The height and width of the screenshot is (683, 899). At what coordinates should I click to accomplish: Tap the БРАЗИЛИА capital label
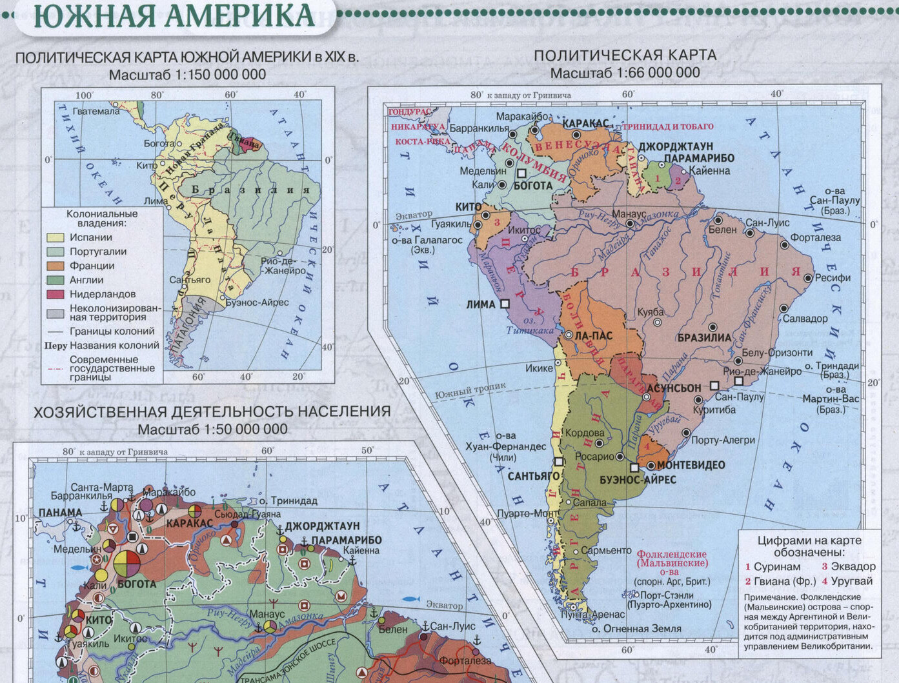click(x=704, y=337)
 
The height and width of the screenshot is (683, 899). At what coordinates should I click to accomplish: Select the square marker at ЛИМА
click(x=505, y=303)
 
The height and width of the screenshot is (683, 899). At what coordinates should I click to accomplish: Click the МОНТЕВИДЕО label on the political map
click(x=691, y=465)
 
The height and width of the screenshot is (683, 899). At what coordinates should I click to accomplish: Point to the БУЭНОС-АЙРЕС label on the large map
click(x=638, y=480)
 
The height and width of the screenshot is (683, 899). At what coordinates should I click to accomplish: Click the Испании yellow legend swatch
click(x=56, y=238)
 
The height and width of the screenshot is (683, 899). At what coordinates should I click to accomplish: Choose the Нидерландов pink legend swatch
click(x=56, y=295)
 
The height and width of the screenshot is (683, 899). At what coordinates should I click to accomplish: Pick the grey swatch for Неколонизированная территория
click(x=56, y=313)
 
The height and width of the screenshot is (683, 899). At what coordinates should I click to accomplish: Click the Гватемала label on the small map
click(x=96, y=111)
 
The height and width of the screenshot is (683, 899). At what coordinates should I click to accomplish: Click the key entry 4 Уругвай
click(x=847, y=581)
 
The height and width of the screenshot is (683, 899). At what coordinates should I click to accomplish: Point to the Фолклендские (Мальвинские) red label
click(x=671, y=559)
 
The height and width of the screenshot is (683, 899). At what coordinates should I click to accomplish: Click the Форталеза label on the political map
click(x=816, y=237)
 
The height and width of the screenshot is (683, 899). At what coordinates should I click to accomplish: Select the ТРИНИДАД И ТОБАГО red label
click(x=668, y=126)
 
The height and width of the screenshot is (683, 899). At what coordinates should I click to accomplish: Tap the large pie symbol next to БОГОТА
click(x=127, y=562)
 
